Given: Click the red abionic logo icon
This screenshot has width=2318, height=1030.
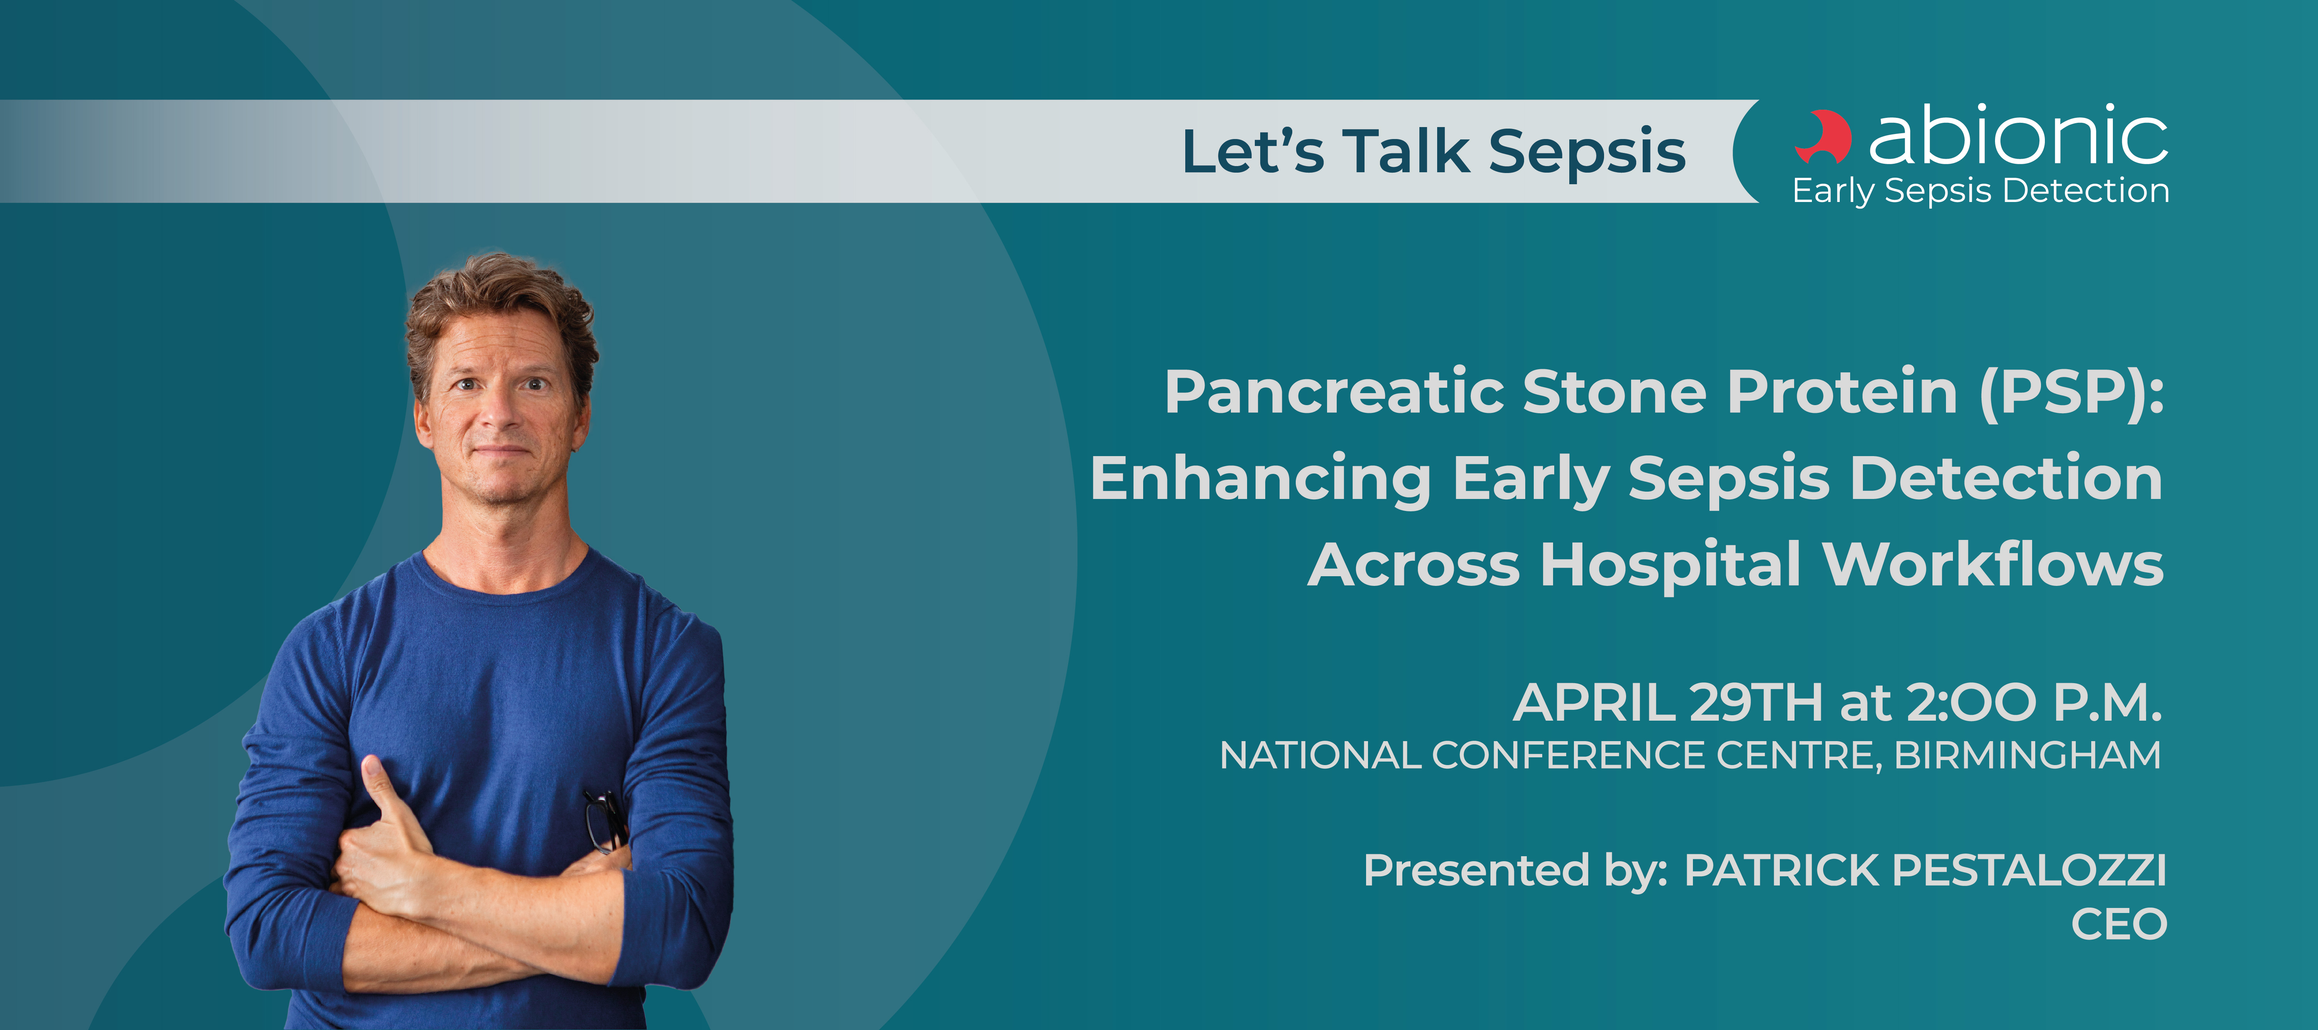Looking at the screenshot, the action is [1823, 137].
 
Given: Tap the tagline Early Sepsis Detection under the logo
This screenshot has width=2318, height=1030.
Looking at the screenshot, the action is [1981, 191].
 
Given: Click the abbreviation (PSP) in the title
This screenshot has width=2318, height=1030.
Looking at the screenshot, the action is [2072, 393].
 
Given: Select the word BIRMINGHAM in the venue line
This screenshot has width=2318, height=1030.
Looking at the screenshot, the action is [2027, 756].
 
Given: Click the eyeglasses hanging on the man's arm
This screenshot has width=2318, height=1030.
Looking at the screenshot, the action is [605, 820].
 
